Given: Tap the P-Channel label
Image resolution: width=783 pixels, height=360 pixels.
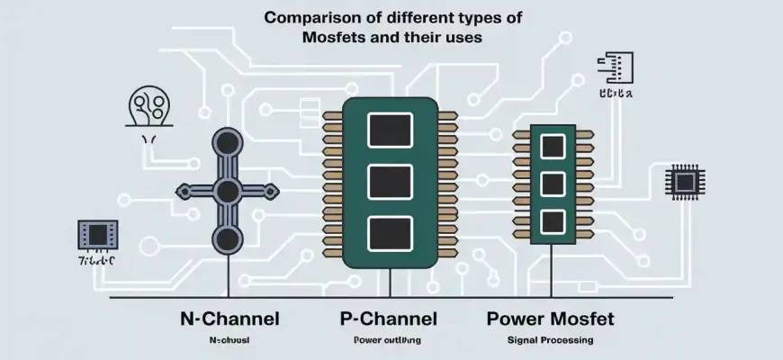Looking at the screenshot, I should [x=389, y=319].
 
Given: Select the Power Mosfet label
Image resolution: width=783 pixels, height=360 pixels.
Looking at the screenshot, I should [x=551, y=319].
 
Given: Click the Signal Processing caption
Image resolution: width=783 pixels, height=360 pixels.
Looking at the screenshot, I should [x=552, y=341].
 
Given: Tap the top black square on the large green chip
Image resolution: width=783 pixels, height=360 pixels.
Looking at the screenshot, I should [x=390, y=128].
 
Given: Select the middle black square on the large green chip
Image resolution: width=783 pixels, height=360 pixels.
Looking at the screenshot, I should [x=390, y=180].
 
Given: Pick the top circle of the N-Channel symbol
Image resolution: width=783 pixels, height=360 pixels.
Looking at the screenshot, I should [x=227, y=143].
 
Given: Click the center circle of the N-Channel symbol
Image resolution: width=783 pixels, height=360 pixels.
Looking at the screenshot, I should [x=227, y=191].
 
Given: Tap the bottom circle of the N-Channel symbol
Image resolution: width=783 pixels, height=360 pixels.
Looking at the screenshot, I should [x=227, y=238].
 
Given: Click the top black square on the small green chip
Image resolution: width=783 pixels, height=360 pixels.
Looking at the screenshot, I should [x=552, y=144].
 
